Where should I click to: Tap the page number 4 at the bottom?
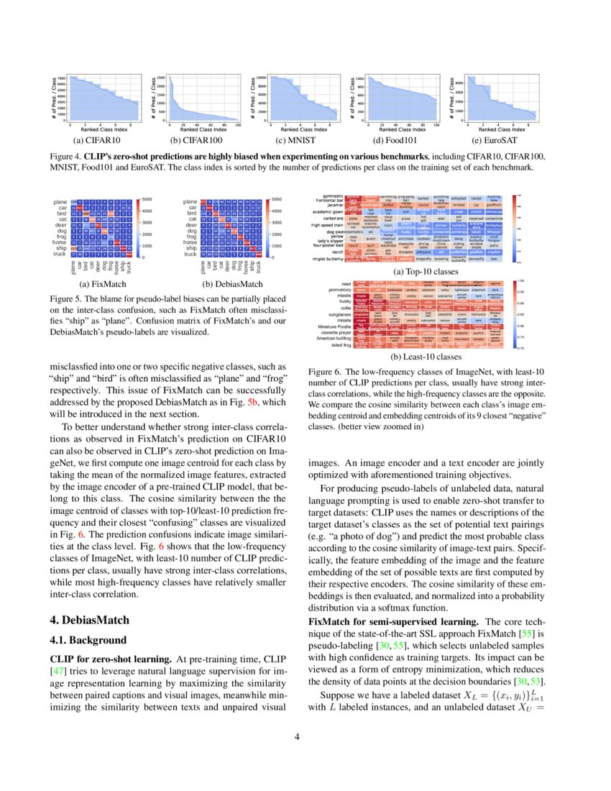tap(305, 736)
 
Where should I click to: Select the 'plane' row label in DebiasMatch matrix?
tap(190, 202)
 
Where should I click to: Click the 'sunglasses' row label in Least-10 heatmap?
tap(331, 314)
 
